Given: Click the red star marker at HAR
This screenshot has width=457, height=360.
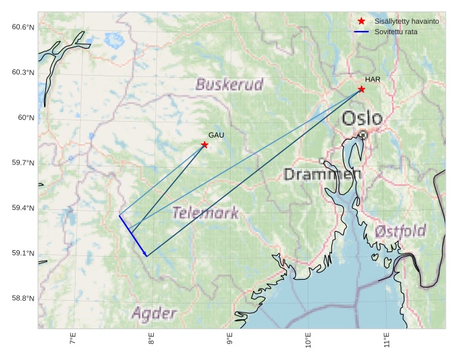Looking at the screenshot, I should coord(362,89).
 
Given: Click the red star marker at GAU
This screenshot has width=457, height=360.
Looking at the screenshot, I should coord(204,145).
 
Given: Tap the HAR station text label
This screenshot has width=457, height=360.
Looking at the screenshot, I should coord(372,80).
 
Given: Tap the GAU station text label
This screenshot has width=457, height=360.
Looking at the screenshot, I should coord(216,135).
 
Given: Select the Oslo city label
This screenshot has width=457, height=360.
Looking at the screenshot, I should coord(362,118).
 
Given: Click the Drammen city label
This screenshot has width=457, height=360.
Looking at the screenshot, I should coord(322,174).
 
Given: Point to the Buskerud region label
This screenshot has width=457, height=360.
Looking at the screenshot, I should coord(229,84).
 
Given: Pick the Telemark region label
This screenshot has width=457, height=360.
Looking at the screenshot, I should coord(205,213).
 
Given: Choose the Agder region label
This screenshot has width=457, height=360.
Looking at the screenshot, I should coord(154,313).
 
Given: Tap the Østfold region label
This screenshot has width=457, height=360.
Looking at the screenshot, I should coord(400,231).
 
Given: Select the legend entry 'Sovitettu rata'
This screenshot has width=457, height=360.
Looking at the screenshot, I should coord(396,32).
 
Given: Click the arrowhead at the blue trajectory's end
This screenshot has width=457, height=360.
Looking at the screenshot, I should coord(146,255).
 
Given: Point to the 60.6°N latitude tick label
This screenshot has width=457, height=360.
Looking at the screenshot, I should coord(22,27).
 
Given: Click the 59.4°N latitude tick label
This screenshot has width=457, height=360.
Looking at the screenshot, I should coord(22,208).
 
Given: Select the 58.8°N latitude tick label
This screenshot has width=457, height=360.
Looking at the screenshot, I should coord(22,298).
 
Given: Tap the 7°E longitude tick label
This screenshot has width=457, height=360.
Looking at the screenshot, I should coord(73,339).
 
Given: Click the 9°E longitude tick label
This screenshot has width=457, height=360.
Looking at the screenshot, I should coord(230,339).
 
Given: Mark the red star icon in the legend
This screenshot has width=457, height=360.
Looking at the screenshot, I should coord(361,22).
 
